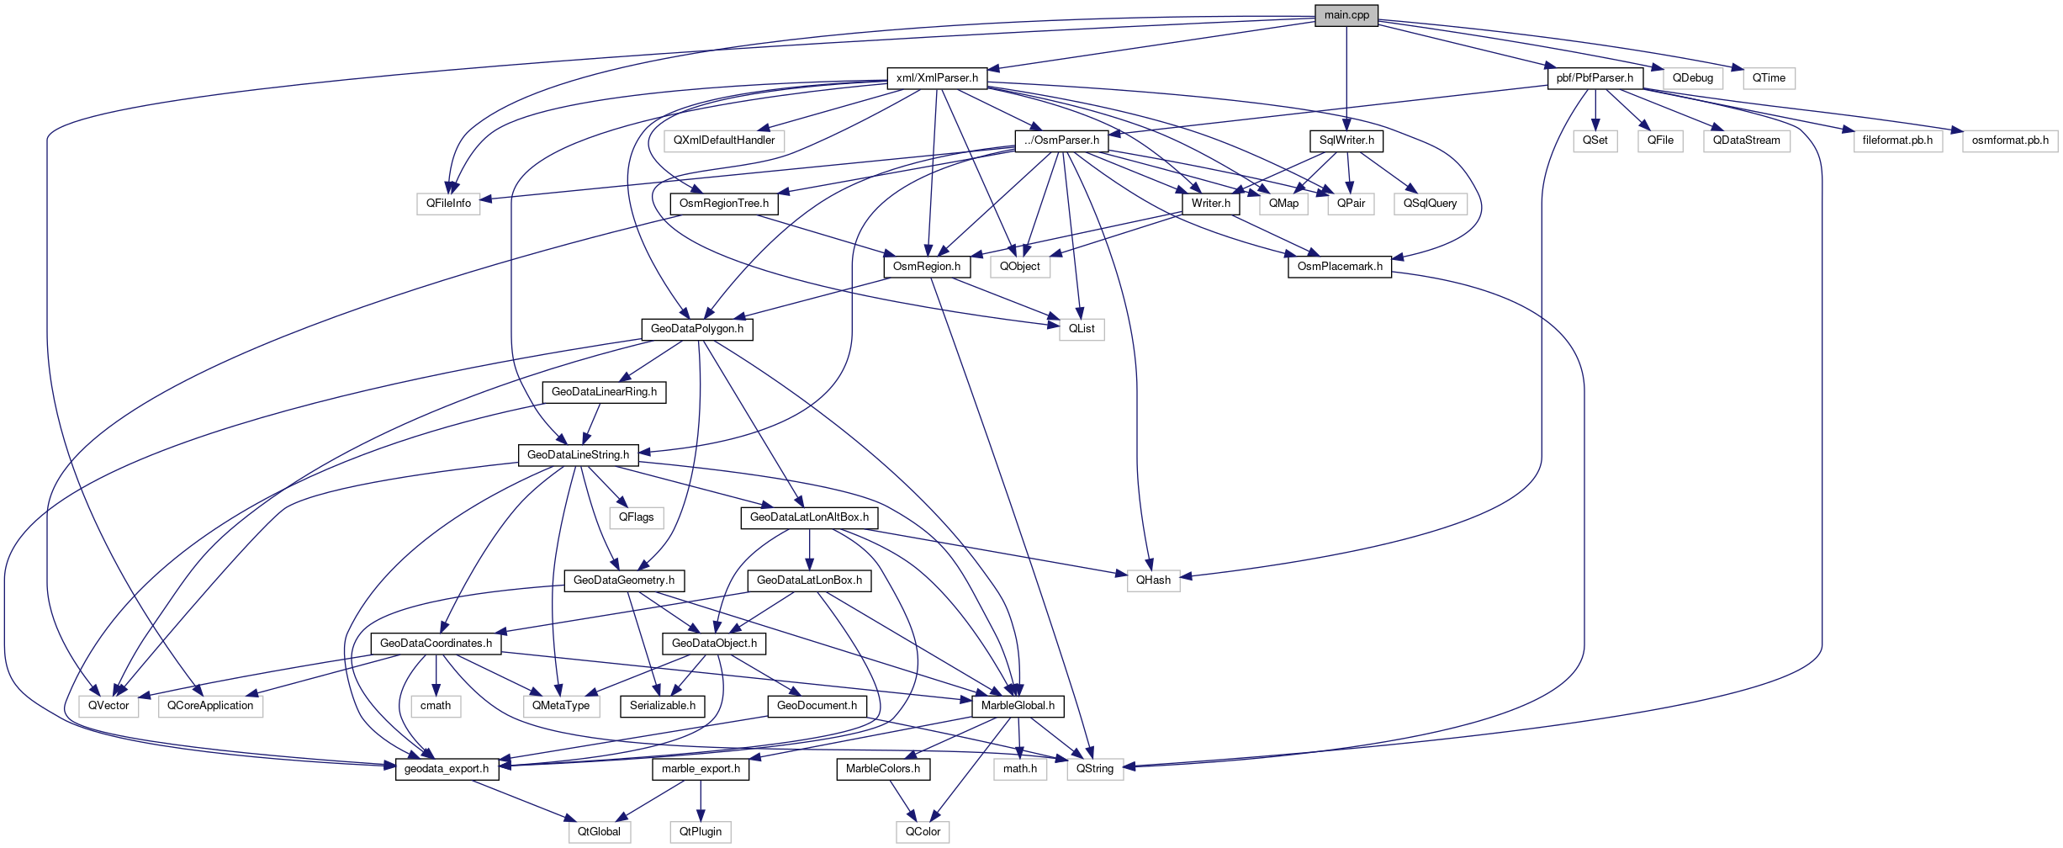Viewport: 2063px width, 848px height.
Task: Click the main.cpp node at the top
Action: [x=1346, y=15]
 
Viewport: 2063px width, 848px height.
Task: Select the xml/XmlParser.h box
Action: [x=937, y=78]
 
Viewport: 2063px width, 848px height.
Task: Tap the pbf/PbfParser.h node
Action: [x=1595, y=78]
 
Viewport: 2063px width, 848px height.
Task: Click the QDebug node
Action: [x=1692, y=78]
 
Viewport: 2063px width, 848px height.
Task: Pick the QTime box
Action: [x=1769, y=78]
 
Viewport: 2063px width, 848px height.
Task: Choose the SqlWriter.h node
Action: [x=1346, y=140]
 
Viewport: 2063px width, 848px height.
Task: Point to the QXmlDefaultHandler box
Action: [x=723, y=140]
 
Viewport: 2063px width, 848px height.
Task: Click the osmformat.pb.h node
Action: [x=2010, y=140]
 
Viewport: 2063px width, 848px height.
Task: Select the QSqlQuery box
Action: [x=1430, y=204]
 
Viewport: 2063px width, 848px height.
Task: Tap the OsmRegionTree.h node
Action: [x=723, y=204]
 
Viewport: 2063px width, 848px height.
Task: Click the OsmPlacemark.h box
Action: [x=1339, y=267]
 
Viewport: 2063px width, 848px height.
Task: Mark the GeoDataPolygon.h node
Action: [x=696, y=329]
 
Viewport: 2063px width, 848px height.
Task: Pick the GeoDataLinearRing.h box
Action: [x=604, y=392]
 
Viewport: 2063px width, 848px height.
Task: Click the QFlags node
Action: [x=636, y=517]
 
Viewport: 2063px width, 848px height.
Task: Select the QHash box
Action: [x=1153, y=580]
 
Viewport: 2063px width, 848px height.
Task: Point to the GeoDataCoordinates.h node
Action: [x=436, y=644]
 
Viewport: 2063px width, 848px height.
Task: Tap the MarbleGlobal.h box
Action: [x=1018, y=706]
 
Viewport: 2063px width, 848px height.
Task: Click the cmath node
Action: [x=436, y=706]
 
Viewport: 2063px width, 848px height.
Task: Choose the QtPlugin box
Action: [x=701, y=832]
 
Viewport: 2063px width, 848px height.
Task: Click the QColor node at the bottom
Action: [x=923, y=832]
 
